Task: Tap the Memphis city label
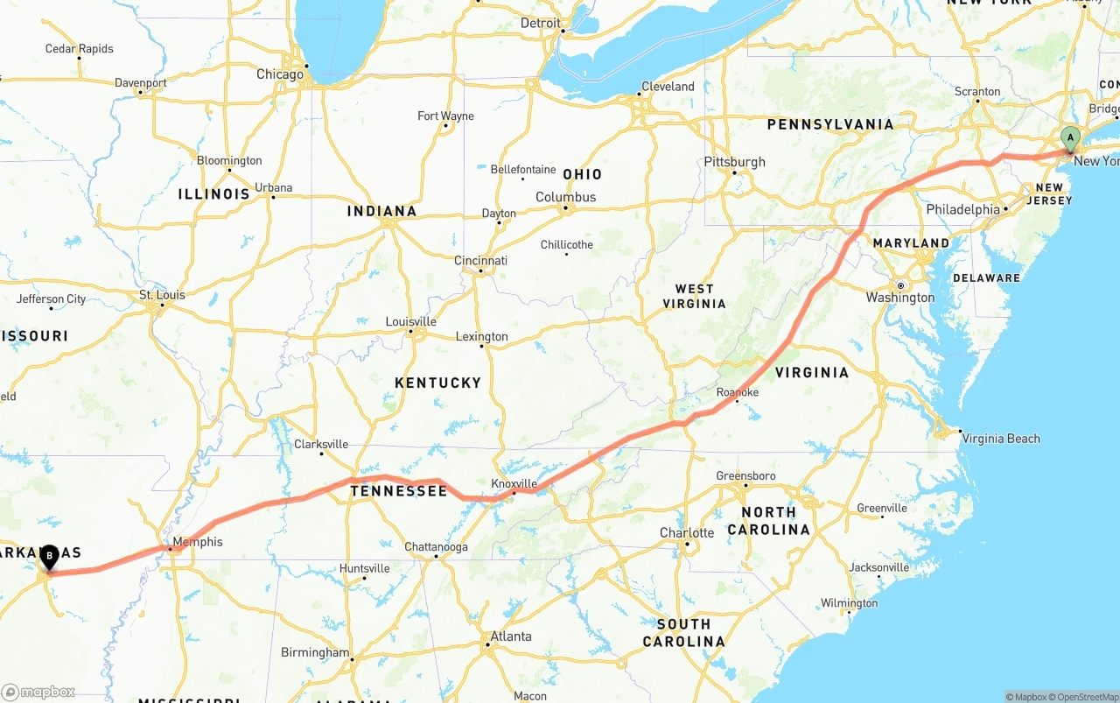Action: tap(198, 542)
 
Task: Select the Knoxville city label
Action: tap(514, 483)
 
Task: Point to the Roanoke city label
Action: tap(737, 393)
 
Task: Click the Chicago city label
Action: tap(280, 74)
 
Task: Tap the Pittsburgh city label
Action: tap(734, 162)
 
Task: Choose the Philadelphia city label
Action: tap(962, 209)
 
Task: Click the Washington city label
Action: tap(900, 298)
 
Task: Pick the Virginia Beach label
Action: tap(1001, 439)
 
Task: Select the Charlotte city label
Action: tap(687, 533)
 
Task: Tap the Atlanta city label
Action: tap(511, 636)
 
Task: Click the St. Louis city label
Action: tap(163, 295)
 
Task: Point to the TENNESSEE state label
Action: tap(399, 491)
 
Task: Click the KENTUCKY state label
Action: tap(437, 383)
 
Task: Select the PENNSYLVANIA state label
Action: tap(830, 124)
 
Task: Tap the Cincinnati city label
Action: tap(480, 261)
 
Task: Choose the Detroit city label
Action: tap(541, 23)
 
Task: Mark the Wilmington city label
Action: tap(849, 603)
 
